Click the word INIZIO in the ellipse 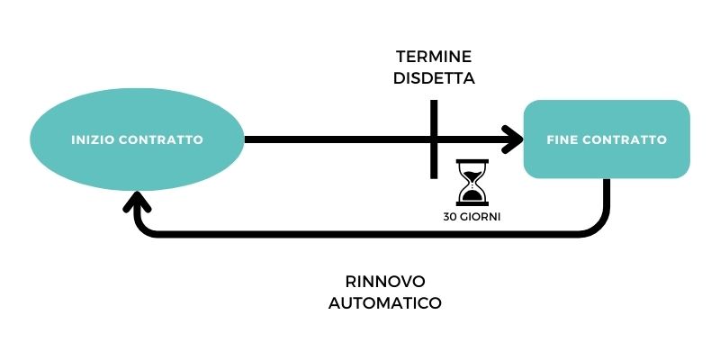coord(92,140)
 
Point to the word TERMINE coord(434,57)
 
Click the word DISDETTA coord(434,78)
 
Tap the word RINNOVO coord(385,280)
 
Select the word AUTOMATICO coord(385,303)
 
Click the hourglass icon coord(470,183)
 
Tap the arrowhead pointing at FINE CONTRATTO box coord(513,139)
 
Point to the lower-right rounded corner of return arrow coord(596,227)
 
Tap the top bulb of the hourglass coord(470,172)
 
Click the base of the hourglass coord(470,204)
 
